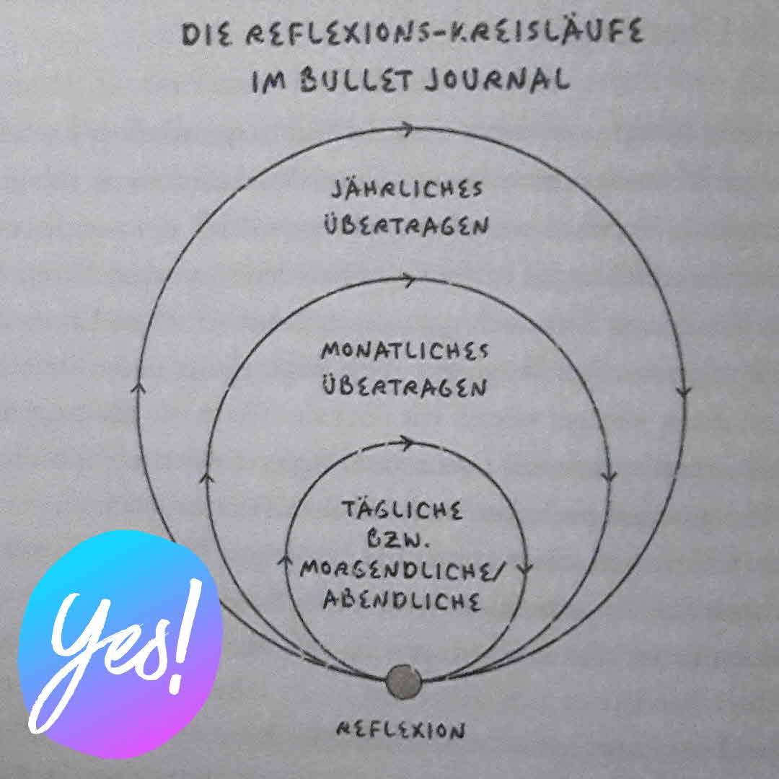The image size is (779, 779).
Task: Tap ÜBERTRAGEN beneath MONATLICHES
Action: coord(405,387)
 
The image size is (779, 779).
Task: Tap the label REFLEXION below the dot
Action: coord(401,731)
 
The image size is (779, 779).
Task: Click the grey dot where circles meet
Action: coord(402,682)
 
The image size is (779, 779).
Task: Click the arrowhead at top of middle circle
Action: coord(408,279)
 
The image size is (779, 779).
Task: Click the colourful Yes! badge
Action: coord(119,644)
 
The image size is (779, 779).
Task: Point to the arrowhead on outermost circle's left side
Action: coord(139,387)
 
